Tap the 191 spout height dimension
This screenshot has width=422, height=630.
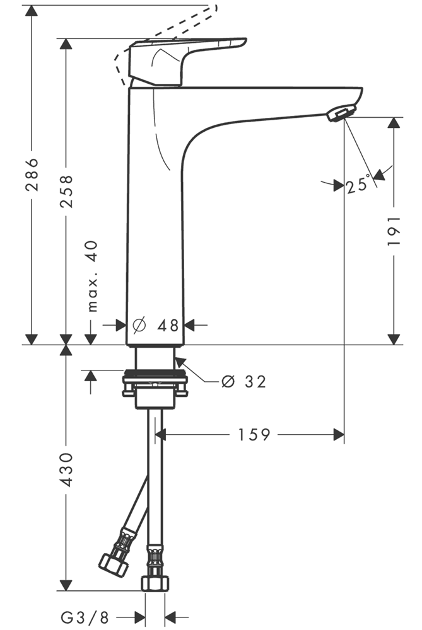[394, 231]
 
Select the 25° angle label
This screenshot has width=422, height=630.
[358, 185]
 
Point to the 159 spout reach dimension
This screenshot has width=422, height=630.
[254, 434]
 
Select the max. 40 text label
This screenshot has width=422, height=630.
[93, 276]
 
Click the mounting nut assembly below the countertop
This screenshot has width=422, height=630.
[155, 383]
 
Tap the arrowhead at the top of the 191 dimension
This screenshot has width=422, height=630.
[394, 122]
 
